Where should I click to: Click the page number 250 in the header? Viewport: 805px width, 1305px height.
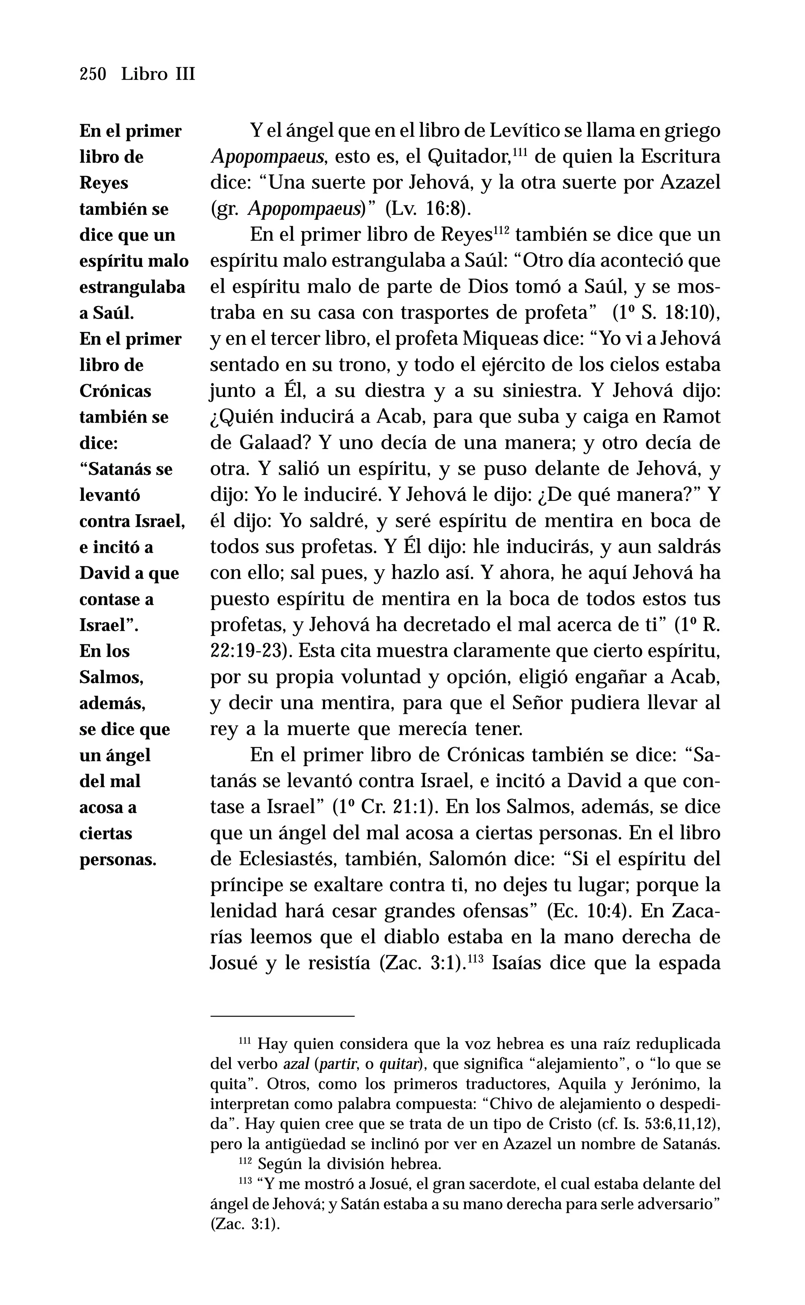click(93, 74)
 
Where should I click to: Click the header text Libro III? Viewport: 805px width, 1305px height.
click(158, 74)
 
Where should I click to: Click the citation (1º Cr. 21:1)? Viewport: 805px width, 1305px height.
click(385, 808)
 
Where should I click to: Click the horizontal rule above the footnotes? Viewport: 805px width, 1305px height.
click(282, 1016)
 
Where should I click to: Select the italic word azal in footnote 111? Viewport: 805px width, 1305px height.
click(296, 1064)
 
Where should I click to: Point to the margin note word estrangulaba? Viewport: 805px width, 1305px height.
click(132, 287)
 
